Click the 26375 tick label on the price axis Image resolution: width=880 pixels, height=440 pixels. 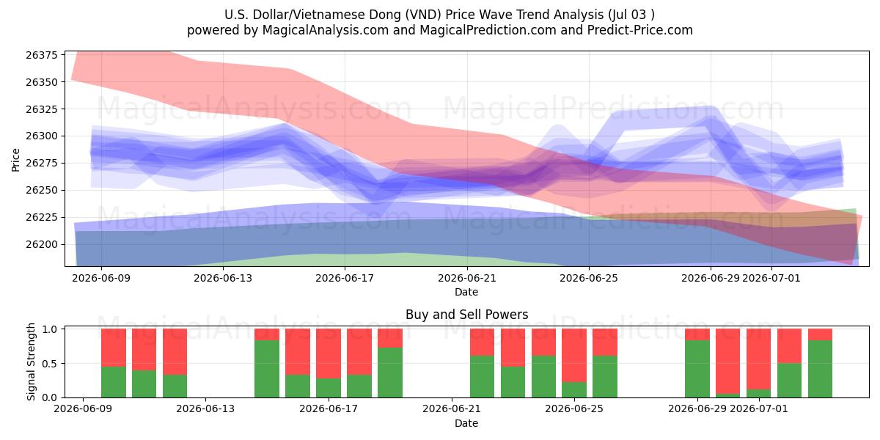tap(42, 55)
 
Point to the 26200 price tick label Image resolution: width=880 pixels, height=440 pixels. tap(42, 244)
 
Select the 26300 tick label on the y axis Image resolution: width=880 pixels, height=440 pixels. tap(42, 136)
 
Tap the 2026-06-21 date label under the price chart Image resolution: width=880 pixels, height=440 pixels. tap(466, 278)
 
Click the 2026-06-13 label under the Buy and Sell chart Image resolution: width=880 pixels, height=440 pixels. tap(205, 409)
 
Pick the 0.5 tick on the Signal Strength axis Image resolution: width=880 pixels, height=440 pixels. tap(49, 364)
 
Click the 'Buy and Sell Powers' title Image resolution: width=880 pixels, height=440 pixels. tap(466, 315)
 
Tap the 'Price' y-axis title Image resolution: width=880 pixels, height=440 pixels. tap(15, 160)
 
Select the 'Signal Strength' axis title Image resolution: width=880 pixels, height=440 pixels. tap(31, 362)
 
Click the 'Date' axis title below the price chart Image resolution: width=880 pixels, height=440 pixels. tap(466, 293)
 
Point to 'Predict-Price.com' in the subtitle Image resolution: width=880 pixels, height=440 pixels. tap(640, 30)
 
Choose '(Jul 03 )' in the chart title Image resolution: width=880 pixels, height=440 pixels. tap(631, 15)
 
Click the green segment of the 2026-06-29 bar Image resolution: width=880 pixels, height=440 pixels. tap(697, 369)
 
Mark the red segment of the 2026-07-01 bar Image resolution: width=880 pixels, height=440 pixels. tap(758, 359)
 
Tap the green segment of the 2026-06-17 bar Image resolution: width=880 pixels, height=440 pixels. tap(329, 388)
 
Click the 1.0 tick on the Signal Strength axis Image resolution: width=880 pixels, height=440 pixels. tap(49, 329)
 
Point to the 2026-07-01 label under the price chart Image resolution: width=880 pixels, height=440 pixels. tap(771, 278)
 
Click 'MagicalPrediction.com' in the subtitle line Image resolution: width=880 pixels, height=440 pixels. tap(488, 30)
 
